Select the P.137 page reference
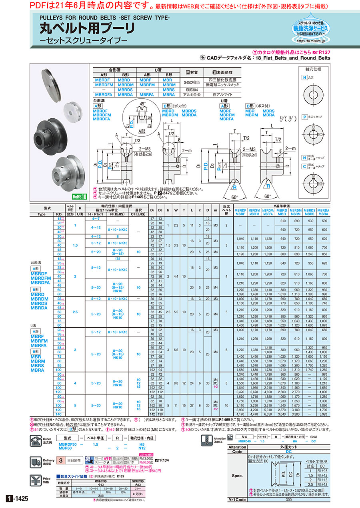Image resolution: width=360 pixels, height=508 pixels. click(324, 52)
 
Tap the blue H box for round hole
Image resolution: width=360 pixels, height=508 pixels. click(304, 77)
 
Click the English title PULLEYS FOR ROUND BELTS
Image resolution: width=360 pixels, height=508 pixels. click(105, 18)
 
